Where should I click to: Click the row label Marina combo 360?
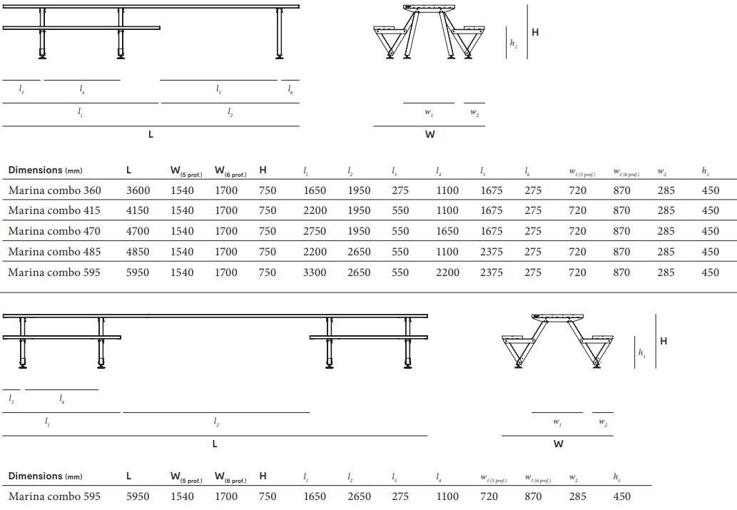[54, 190]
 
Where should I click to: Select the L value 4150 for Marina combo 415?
[138, 210]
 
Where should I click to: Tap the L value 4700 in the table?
[138, 231]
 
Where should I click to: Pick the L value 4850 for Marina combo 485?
[138, 252]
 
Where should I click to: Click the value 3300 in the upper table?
[315, 272]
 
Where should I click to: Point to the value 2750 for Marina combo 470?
[315, 231]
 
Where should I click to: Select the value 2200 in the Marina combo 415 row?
[315, 210]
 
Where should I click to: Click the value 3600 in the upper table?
[138, 190]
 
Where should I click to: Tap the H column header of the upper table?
[263, 170]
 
